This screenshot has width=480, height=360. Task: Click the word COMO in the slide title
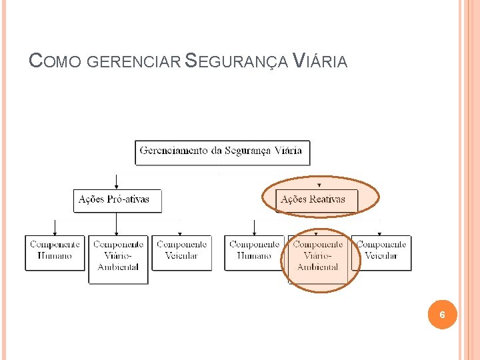click(56, 61)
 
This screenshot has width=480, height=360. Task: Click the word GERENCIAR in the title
click(133, 62)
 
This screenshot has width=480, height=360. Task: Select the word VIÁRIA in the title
click(321, 61)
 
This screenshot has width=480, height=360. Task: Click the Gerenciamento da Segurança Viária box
click(222, 151)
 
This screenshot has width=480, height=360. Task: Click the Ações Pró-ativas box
click(117, 200)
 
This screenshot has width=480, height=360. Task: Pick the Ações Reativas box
click(317, 200)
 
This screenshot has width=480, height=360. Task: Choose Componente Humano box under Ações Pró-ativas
click(55, 252)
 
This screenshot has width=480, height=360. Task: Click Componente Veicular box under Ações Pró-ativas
click(181, 252)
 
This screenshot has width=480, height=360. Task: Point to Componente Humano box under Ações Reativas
click(254, 252)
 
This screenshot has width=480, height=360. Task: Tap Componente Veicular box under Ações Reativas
click(381, 252)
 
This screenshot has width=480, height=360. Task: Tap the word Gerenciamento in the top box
click(171, 151)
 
